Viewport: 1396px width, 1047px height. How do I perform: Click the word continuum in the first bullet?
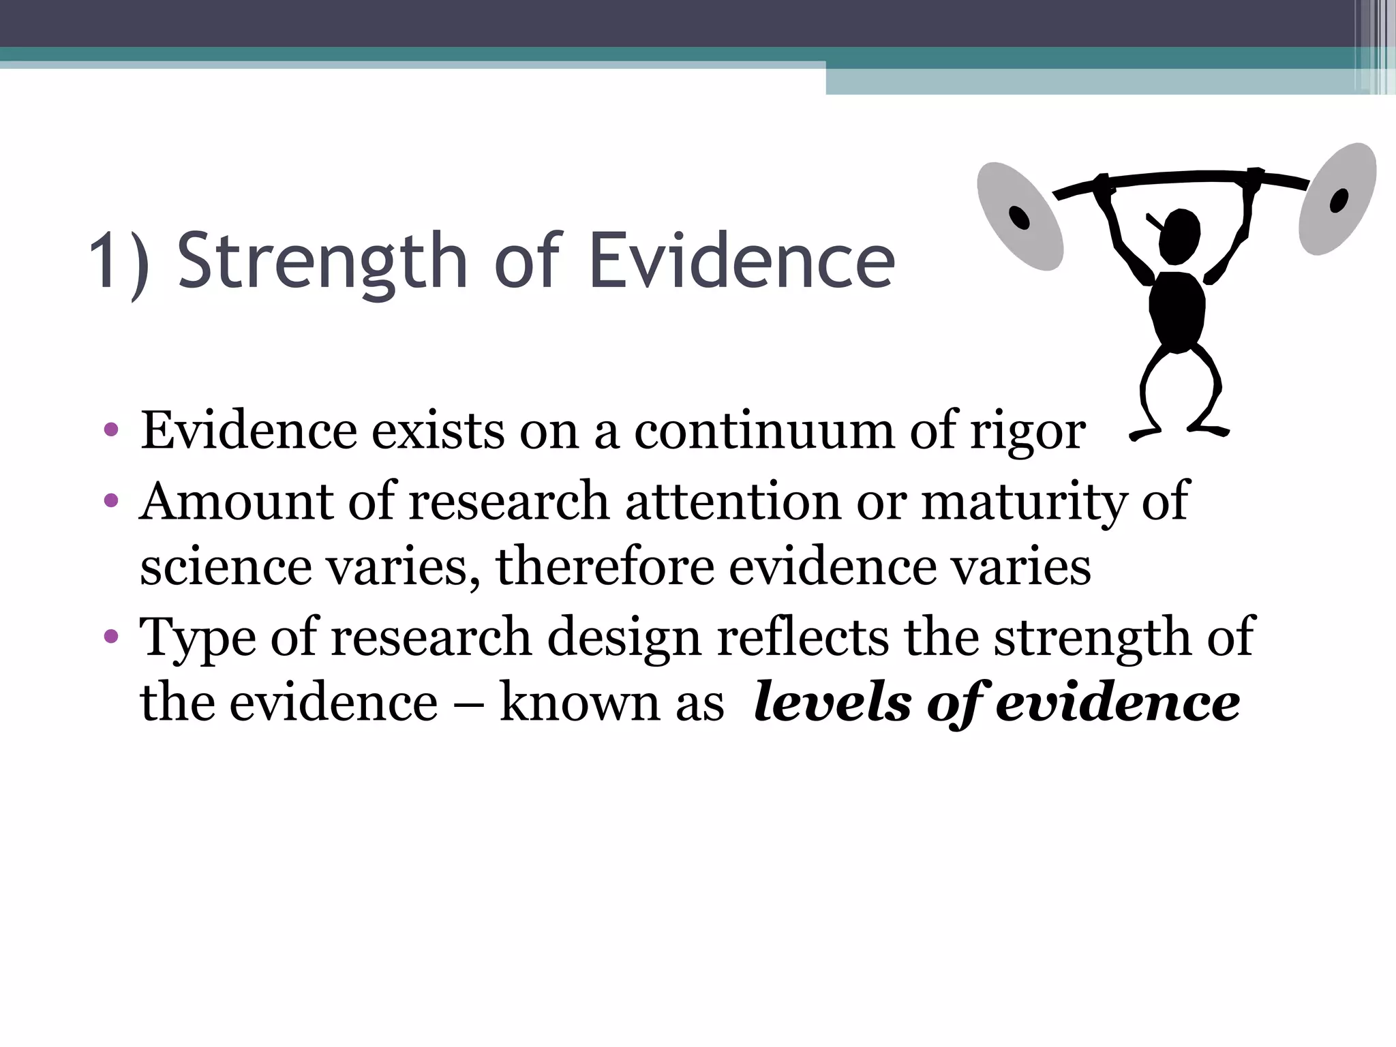764,431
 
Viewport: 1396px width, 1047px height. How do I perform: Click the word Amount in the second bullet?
236,501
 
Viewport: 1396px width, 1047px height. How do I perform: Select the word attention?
733,501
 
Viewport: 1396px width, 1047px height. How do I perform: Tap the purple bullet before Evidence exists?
111,431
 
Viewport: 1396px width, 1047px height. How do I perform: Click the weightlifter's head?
1179,236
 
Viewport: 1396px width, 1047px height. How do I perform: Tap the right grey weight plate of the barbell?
1337,199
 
